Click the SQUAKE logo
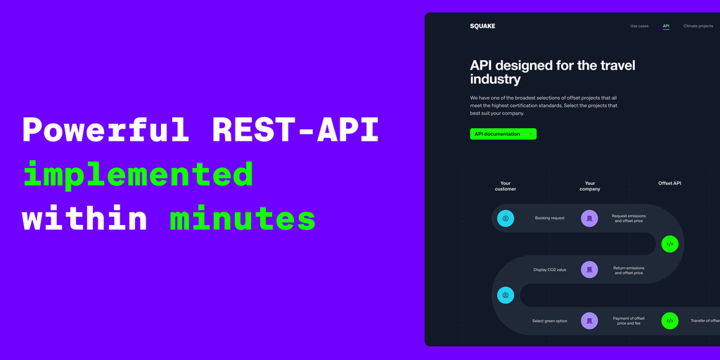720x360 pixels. (482, 26)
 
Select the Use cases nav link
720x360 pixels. (639, 26)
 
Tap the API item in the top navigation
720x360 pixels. (666, 26)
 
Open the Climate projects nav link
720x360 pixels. (698, 26)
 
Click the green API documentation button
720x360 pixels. (503, 134)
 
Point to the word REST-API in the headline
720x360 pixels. (295, 130)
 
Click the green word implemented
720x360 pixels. (138, 175)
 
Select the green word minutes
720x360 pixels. (243, 219)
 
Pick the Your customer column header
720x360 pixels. (505, 186)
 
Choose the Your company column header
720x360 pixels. (590, 186)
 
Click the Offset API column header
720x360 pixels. (669, 184)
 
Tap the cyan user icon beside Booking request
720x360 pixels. (506, 219)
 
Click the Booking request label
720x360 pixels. (550, 218)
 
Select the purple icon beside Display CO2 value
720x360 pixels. (590, 269)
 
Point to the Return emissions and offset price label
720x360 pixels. (629, 271)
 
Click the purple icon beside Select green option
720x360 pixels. (590, 321)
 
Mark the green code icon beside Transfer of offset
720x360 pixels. (669, 321)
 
